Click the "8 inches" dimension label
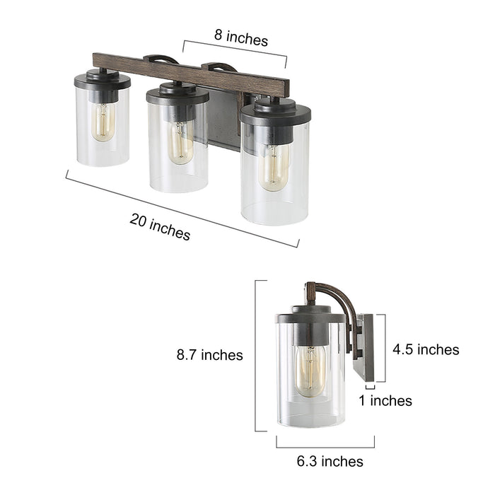click(x=241, y=40)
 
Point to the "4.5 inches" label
click(x=426, y=349)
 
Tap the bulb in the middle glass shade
click(x=180, y=141)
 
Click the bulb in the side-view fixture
click(x=310, y=369)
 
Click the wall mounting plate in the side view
click(x=363, y=347)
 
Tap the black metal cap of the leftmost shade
click(x=103, y=80)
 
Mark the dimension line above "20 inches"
click(x=182, y=209)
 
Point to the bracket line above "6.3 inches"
click(x=325, y=445)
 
